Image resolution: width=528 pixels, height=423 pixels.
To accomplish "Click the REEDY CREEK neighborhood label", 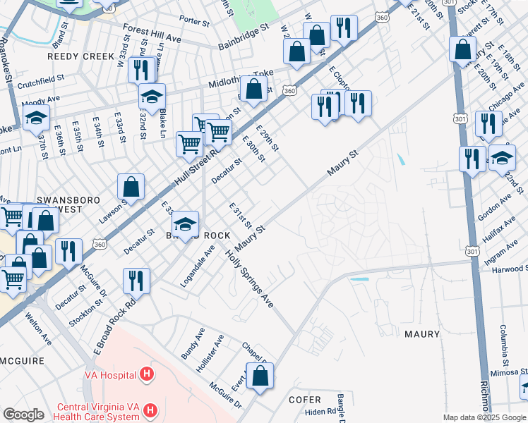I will (80, 56).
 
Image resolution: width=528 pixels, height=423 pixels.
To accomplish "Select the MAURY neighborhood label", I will (421, 334).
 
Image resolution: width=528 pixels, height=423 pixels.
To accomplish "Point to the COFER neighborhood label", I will (305, 399).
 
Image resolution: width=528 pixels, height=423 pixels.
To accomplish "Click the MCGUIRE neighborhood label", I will (22, 360).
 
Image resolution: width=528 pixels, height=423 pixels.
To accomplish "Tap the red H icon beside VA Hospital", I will (147, 374).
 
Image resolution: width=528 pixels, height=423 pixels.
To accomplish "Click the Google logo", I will (23, 415).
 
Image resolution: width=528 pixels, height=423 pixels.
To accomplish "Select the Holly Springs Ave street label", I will (249, 278).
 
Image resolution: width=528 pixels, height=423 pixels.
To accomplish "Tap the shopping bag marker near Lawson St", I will (131, 188).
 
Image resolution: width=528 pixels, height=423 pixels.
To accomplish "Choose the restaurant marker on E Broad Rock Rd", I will (136, 280).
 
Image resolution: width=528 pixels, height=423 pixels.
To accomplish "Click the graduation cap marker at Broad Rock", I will (186, 225).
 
